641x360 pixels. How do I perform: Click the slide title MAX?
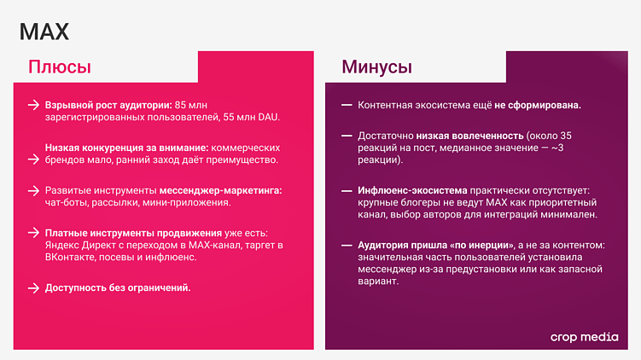click(x=44, y=32)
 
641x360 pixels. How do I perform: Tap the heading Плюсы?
click(x=59, y=67)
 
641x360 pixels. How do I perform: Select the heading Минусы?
click(x=376, y=67)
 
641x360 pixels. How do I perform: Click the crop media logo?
click(x=585, y=337)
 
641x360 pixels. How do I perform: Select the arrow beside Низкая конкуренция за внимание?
click(x=33, y=147)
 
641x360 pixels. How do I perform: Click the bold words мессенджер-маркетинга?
click(x=230, y=189)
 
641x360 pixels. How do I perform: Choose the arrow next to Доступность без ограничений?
click(x=33, y=287)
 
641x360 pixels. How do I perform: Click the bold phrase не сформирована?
click(x=538, y=105)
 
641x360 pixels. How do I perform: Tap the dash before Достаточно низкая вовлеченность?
click(x=347, y=135)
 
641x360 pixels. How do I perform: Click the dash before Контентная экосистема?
click(x=347, y=105)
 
